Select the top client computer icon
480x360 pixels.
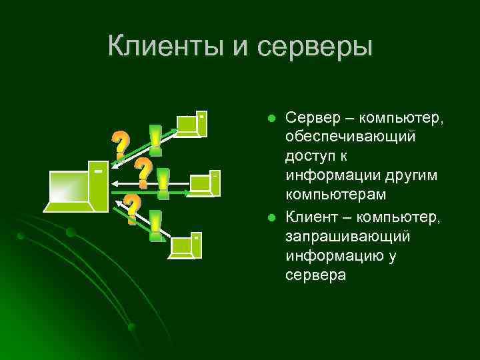[x=191, y=124]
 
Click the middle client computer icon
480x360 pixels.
[x=204, y=183]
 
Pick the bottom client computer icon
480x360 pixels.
[x=186, y=245]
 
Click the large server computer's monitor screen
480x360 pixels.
[x=69, y=189]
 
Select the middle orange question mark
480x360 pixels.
[x=143, y=172]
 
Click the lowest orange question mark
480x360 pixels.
[x=133, y=209]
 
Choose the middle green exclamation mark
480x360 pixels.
[x=163, y=183]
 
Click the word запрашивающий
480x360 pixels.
[x=347, y=237]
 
